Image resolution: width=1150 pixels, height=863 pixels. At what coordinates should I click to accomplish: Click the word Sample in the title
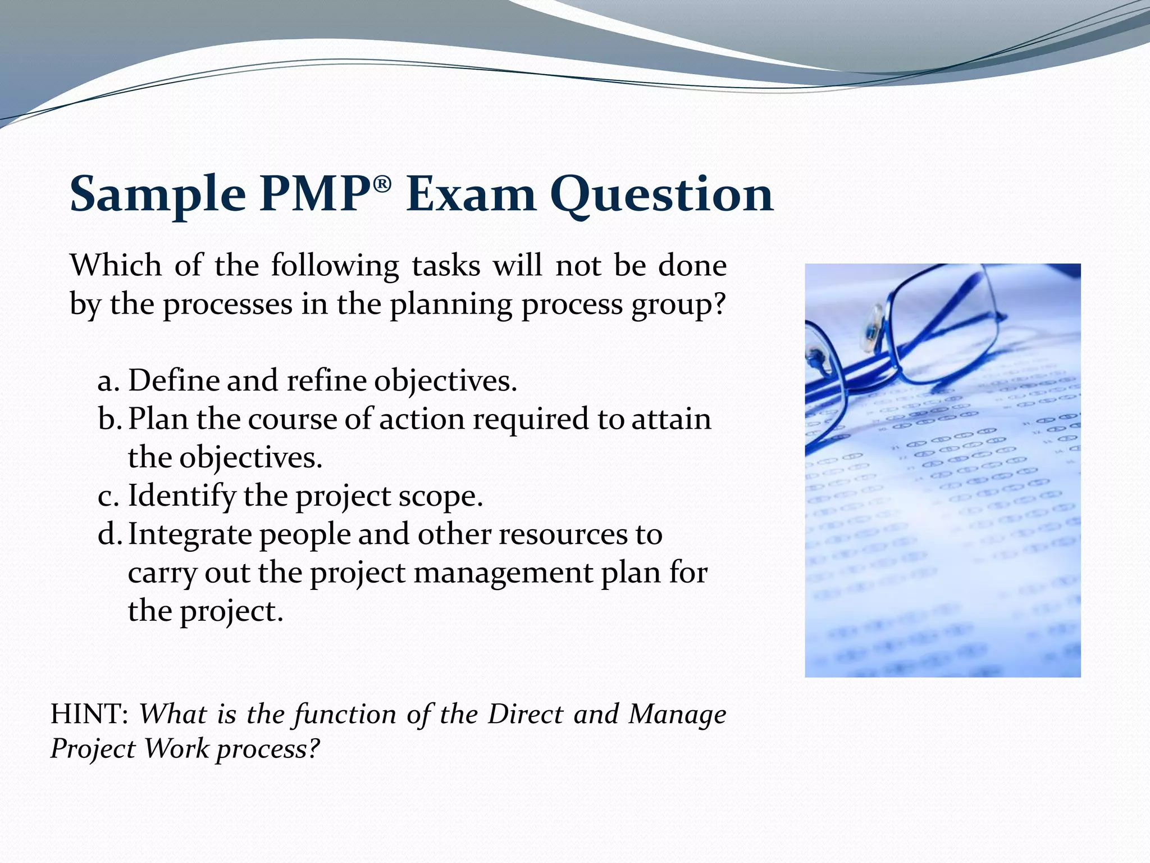[x=157, y=194]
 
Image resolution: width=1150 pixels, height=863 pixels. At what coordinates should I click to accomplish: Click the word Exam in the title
[x=471, y=194]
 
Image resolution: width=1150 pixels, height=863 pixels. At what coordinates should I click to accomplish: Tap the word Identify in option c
[x=182, y=497]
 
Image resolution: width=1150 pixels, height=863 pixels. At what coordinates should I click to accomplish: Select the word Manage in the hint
[x=677, y=714]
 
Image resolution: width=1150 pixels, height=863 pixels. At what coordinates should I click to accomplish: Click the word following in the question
[x=335, y=266]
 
